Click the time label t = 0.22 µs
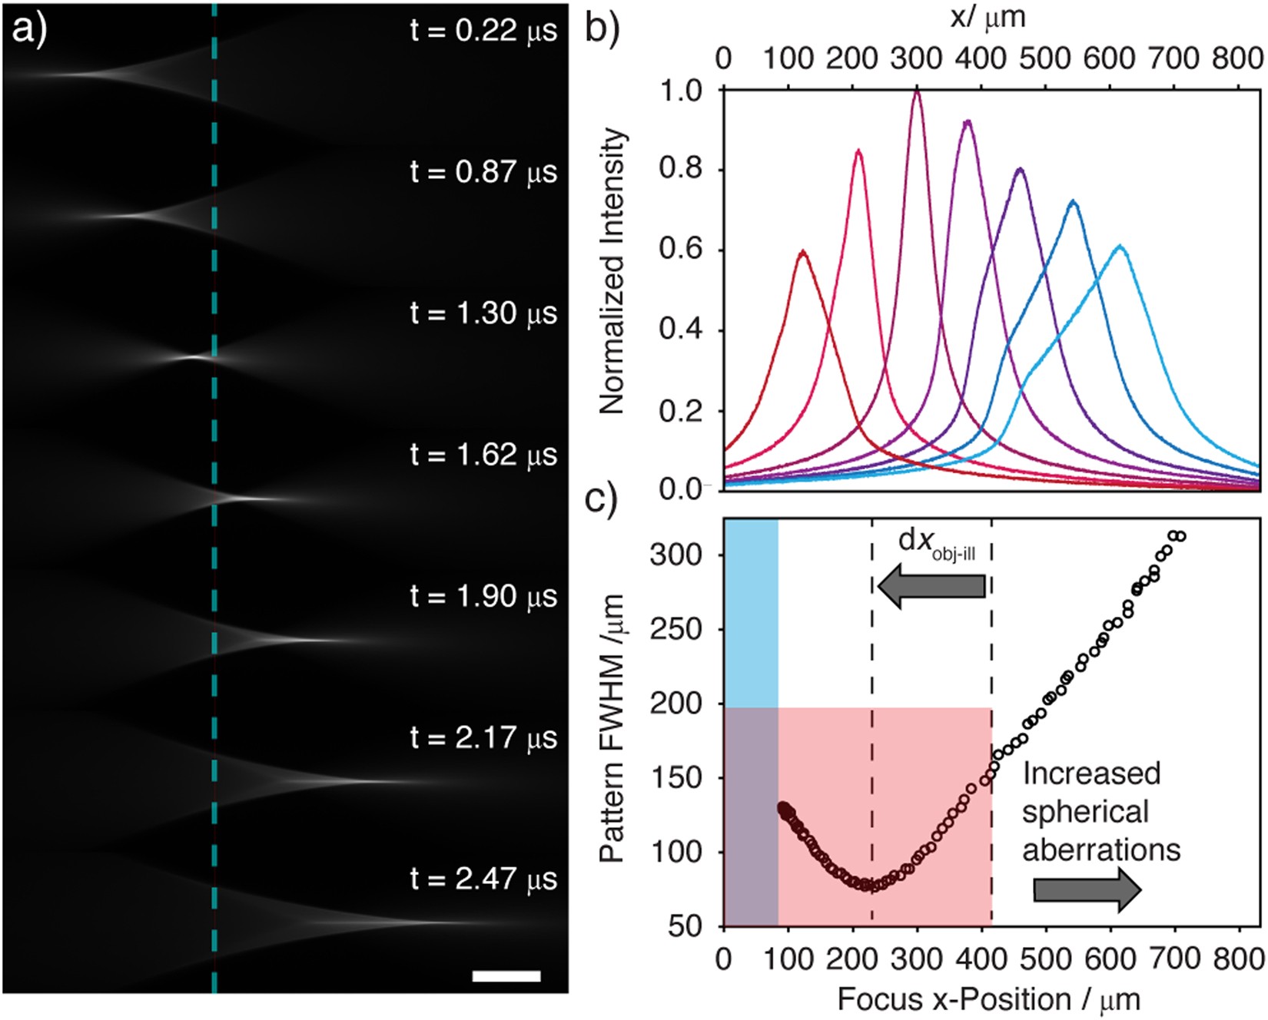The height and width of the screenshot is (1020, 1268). (x=483, y=31)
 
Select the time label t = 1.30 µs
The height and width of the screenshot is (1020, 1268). (x=483, y=314)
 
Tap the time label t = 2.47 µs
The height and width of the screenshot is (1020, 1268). (x=483, y=879)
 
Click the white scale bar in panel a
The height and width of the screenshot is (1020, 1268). (x=506, y=976)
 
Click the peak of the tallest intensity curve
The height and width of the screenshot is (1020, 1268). (x=917, y=91)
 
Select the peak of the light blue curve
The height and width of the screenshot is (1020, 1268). (x=1120, y=247)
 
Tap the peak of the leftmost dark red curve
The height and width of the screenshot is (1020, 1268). (x=802, y=252)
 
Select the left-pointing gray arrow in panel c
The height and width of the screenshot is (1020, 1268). (x=931, y=588)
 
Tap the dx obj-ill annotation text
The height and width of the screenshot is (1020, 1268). (x=937, y=543)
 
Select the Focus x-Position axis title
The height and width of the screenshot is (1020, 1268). (x=988, y=999)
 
